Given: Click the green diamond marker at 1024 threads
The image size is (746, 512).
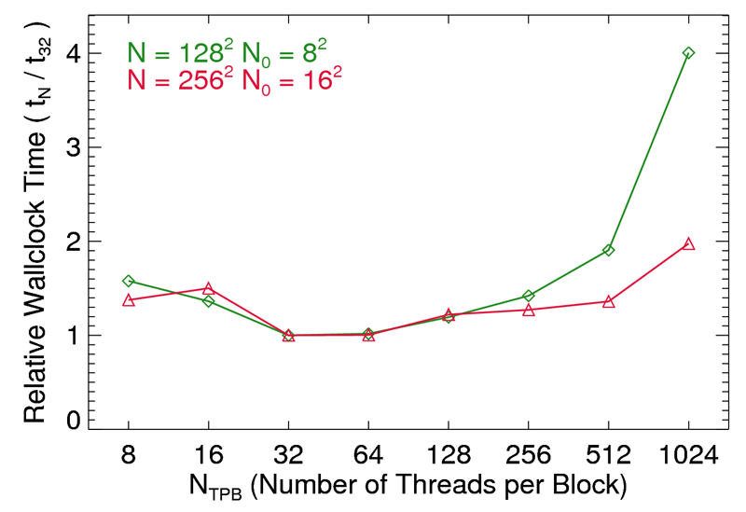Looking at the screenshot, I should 688,53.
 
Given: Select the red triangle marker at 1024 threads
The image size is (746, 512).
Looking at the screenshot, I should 688,244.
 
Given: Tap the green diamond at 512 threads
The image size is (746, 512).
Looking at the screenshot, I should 608,250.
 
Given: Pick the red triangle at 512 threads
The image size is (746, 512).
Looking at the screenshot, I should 608,302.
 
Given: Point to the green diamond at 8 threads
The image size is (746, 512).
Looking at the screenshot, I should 129,281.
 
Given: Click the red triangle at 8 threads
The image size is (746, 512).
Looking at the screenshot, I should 129,300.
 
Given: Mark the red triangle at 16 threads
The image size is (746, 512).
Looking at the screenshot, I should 209,288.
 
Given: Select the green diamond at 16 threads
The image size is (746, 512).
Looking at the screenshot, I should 209,301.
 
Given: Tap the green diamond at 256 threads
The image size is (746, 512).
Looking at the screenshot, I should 529,296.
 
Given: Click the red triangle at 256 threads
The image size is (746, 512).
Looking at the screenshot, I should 529,311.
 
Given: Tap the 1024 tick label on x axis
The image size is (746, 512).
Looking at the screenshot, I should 688,456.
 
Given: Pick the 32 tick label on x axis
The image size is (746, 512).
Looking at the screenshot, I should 289,456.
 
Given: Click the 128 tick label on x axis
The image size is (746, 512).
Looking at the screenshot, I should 449,456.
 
